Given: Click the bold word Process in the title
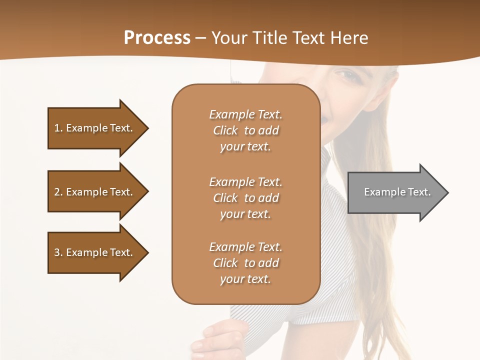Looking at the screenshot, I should point(157,38).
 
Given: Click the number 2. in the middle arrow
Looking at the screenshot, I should point(58,192).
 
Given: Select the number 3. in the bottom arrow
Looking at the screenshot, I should point(58,252).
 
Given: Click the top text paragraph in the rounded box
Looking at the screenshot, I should point(245,130).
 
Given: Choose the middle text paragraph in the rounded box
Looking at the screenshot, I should point(245,198).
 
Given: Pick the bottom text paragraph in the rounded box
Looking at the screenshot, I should point(245,263).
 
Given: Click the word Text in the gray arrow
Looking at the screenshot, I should point(419,192).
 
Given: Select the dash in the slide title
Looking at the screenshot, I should point(200,38).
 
